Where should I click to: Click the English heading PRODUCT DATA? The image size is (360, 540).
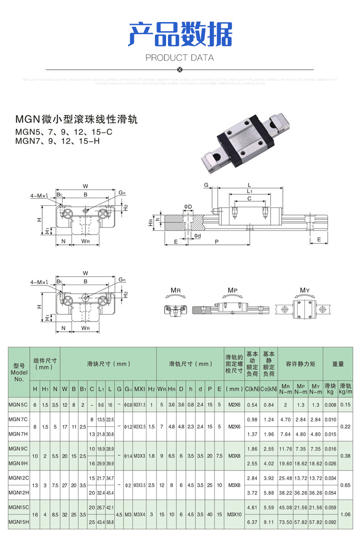tap(180, 58)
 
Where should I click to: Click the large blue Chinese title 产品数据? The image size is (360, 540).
tap(180, 34)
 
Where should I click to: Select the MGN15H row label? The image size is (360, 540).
tap(19, 521)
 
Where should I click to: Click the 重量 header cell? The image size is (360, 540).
tap(338, 364)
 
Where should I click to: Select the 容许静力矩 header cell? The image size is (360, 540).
tap(300, 364)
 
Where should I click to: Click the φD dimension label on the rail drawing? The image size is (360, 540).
tap(188, 207)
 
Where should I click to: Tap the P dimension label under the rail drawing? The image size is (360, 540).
tap(217, 242)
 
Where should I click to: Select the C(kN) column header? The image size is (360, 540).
tap(252, 388)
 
